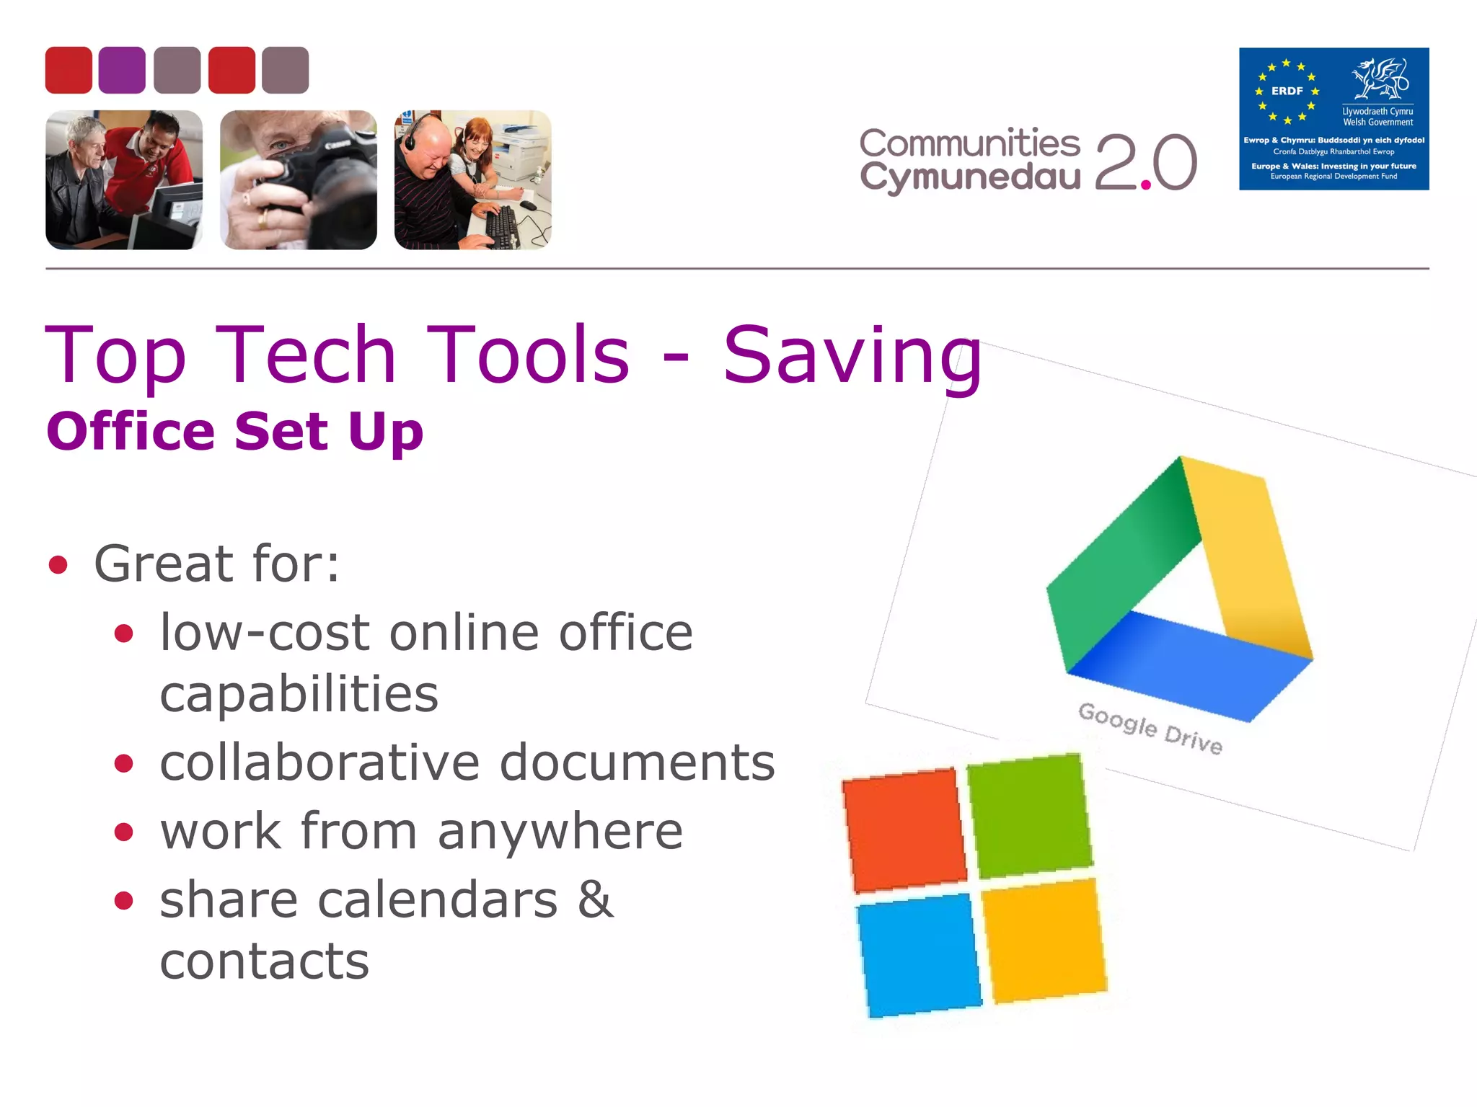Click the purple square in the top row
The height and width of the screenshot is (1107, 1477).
122,70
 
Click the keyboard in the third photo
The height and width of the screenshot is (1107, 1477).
502,225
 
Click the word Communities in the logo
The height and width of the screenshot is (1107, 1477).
969,143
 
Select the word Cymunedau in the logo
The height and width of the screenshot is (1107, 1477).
969,177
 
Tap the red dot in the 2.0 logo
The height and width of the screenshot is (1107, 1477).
1145,185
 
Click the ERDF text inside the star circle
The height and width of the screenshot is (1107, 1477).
1287,92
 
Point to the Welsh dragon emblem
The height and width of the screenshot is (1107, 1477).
1379,79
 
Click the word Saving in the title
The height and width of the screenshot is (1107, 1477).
852,355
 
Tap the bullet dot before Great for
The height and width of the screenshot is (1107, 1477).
58,565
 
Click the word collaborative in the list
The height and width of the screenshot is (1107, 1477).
319,763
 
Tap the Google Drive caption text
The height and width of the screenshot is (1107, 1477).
1150,727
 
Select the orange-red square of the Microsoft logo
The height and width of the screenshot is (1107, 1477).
904,830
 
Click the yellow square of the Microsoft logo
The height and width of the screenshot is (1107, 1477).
1044,938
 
